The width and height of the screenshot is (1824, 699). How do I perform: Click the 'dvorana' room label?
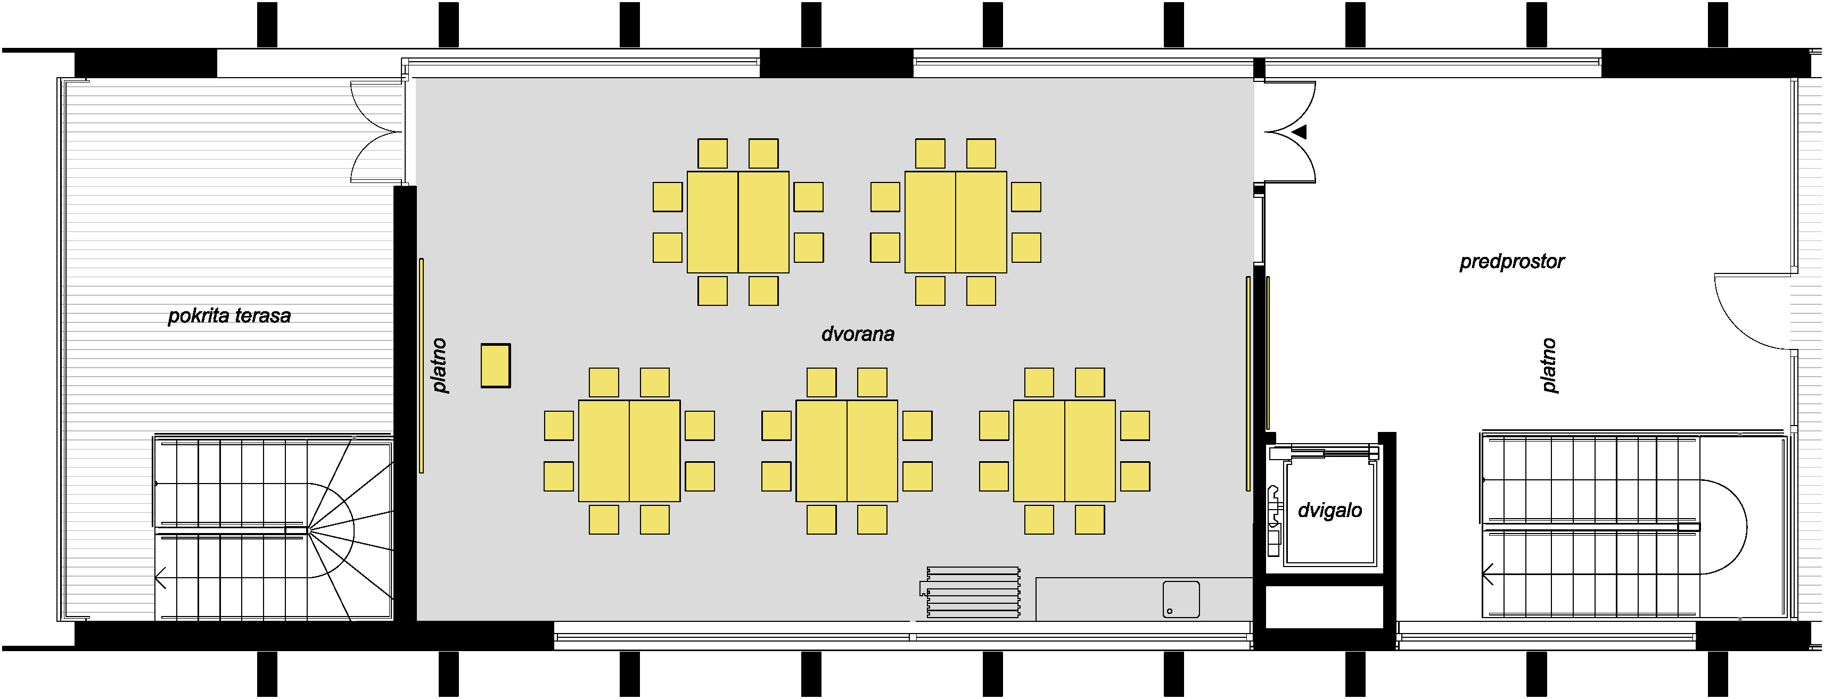[x=858, y=334]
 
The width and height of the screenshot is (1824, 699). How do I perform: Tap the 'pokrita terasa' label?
[x=229, y=315]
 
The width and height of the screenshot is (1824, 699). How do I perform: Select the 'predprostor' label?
[x=1511, y=262]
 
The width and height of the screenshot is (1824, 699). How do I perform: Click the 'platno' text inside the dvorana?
[x=440, y=365]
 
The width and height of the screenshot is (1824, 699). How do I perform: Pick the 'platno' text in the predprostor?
[x=1549, y=365]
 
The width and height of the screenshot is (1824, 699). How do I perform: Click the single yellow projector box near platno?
[x=496, y=365]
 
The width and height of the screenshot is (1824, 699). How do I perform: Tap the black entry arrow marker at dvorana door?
[x=1299, y=131]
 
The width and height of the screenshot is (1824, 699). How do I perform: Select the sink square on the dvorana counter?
[x=1181, y=599]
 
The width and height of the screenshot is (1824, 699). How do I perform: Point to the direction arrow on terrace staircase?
[x=161, y=578]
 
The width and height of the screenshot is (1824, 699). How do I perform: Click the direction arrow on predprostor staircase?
[x=1488, y=574]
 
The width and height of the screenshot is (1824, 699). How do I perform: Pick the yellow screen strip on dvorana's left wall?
[x=421, y=365]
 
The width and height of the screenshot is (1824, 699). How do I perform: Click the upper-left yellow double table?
[x=738, y=222]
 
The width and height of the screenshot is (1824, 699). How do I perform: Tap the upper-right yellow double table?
[x=956, y=222]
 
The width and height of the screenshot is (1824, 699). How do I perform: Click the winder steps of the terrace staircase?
[x=350, y=529]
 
